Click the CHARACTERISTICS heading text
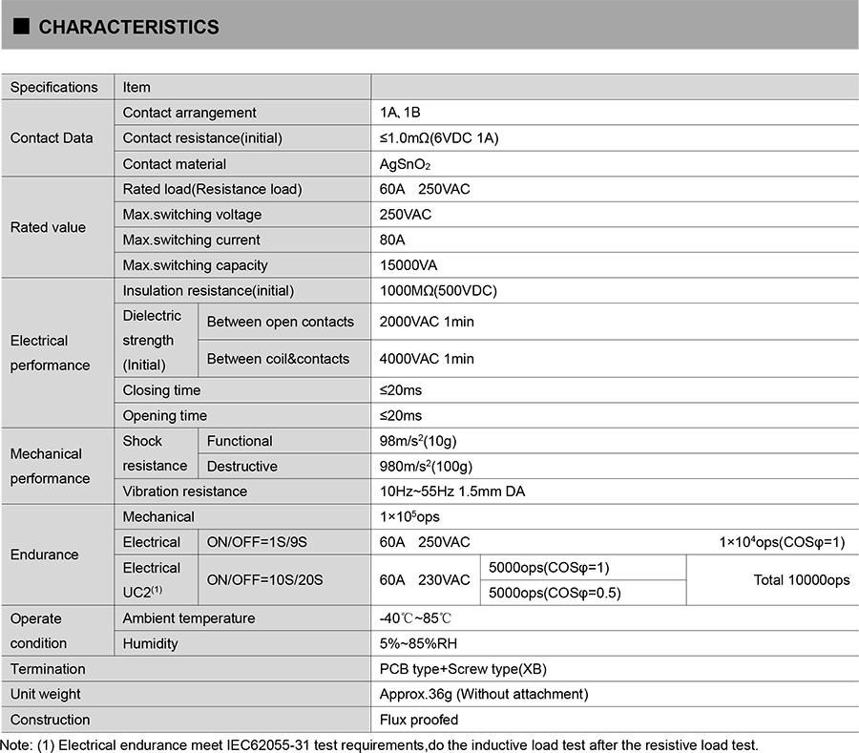coord(129,27)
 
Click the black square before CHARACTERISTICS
coord(23,27)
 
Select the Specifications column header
coord(54,87)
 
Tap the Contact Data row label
coord(52,137)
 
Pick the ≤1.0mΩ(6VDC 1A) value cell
coord(439,138)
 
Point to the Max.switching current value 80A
coord(392,240)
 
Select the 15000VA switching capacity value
coord(409,265)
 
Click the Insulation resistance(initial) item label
coord(208,290)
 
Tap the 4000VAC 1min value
coord(427,359)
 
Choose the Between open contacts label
coord(281,322)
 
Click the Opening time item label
coord(165,415)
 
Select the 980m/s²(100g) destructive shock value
coord(427,466)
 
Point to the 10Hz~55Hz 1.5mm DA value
coord(452,492)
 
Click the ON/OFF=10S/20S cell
coord(265,579)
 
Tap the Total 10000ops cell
coord(800,579)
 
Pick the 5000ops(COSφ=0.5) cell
coord(555,593)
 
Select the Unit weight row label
coord(46,694)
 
